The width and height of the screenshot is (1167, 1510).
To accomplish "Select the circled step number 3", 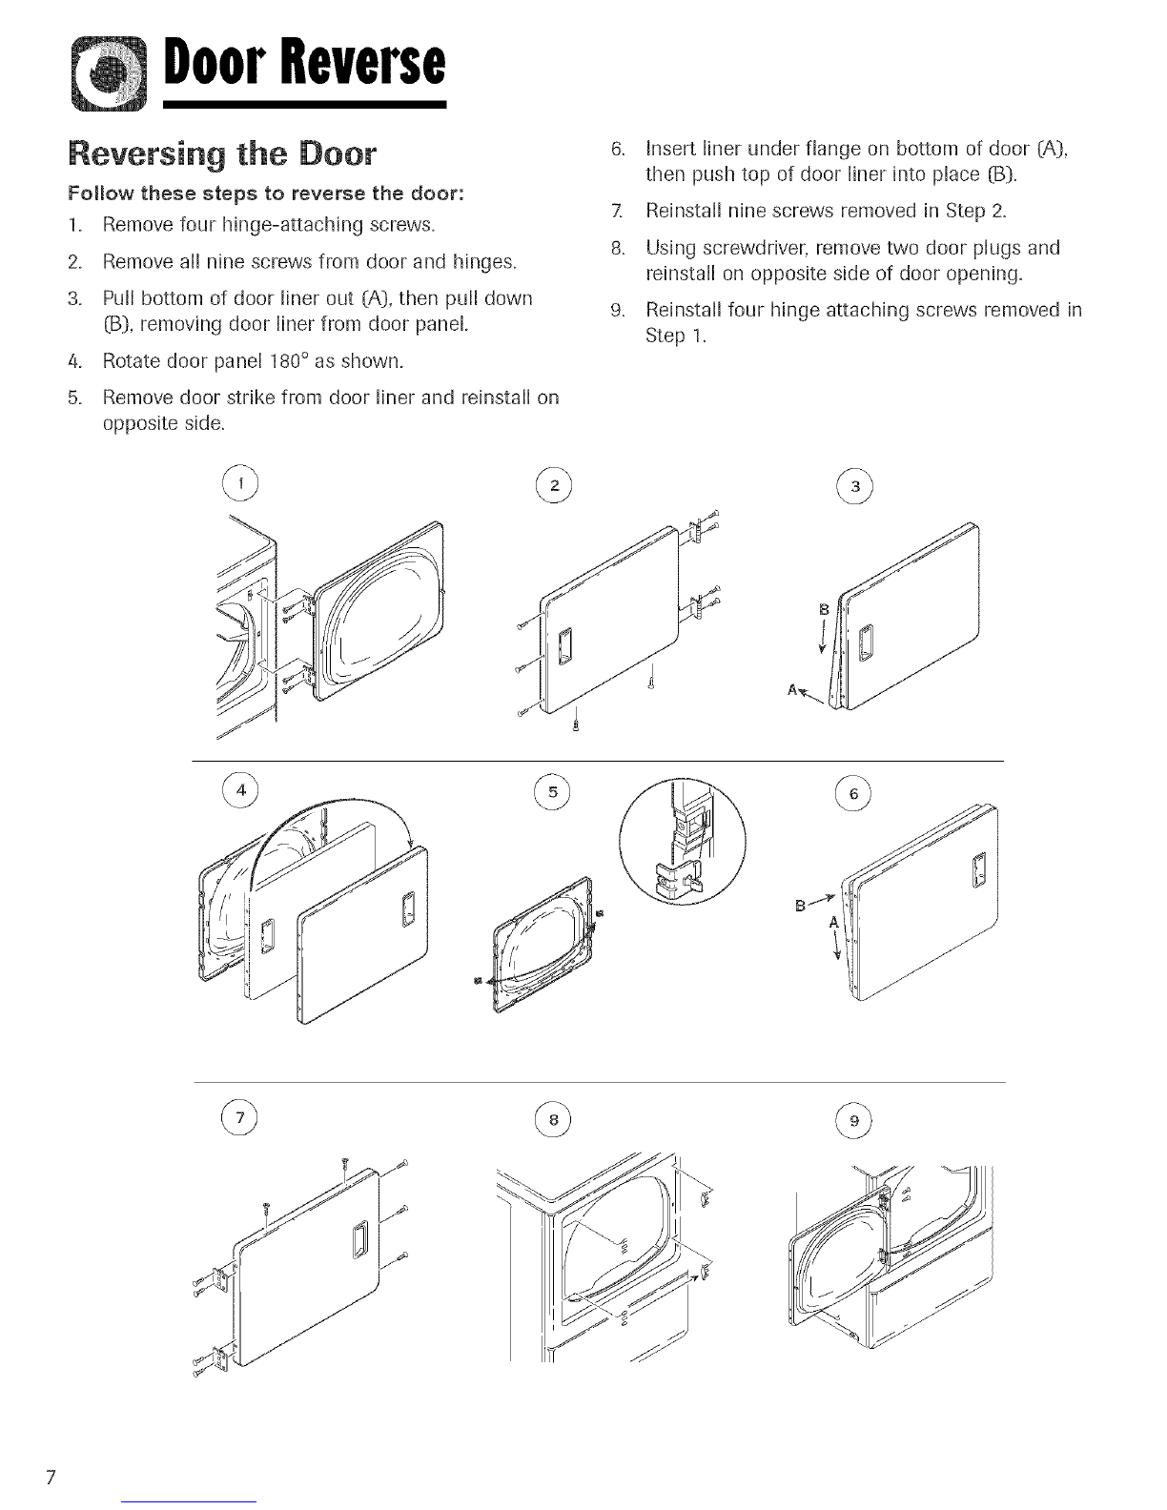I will tap(855, 486).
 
